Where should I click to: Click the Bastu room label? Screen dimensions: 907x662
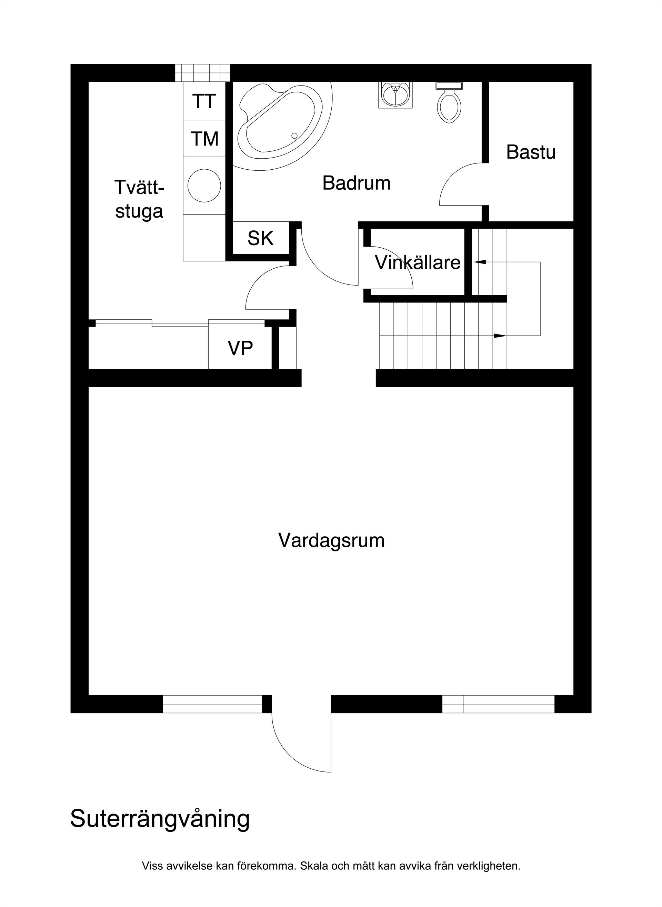pyautogui.click(x=531, y=152)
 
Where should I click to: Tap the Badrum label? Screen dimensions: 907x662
pyautogui.click(x=356, y=183)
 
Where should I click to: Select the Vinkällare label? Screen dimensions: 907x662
pyautogui.click(x=418, y=262)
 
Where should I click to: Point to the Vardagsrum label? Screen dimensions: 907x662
pyautogui.click(x=331, y=540)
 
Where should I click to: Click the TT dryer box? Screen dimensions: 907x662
pyautogui.click(x=204, y=101)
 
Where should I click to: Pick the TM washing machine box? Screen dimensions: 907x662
pyautogui.click(x=204, y=139)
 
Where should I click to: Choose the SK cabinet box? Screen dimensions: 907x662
pyautogui.click(x=260, y=238)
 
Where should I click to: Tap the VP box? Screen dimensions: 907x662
pyautogui.click(x=240, y=348)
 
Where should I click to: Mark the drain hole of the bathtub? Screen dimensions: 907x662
pyautogui.click(x=294, y=136)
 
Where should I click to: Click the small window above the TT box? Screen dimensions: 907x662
pyautogui.click(x=203, y=73)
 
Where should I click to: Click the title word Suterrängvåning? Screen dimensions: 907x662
pyautogui.click(x=160, y=819)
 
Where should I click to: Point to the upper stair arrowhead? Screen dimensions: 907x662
pyautogui.click(x=480, y=262)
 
